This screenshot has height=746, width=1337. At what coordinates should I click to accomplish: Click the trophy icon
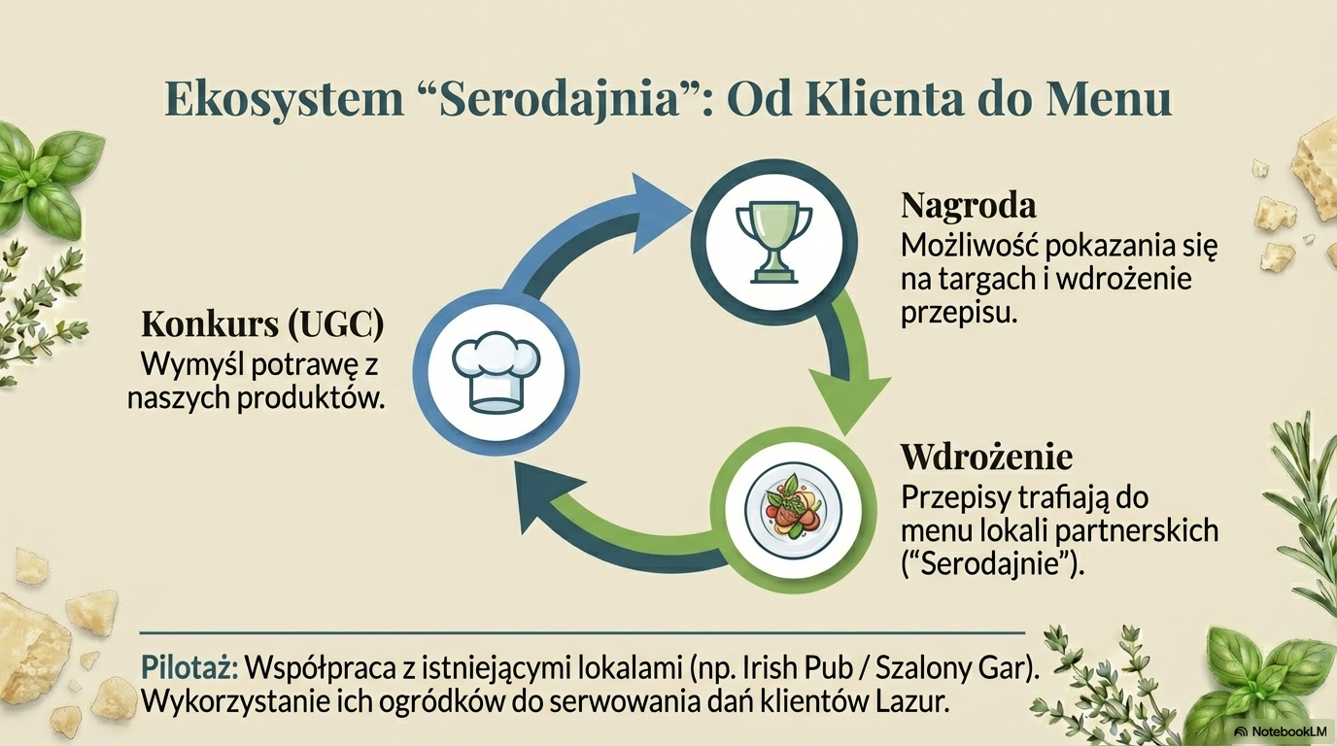774,242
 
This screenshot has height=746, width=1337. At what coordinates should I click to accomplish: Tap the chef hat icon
496,372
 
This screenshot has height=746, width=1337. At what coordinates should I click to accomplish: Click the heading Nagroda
968,206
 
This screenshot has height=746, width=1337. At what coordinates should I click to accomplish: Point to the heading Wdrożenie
986,458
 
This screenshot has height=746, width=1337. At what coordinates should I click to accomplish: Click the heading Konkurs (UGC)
262,325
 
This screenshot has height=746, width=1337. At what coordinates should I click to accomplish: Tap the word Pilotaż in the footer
189,668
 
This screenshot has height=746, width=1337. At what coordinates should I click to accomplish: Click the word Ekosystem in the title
284,99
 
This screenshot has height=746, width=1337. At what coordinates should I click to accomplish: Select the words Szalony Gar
949,669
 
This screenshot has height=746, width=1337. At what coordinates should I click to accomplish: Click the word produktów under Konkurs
310,398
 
